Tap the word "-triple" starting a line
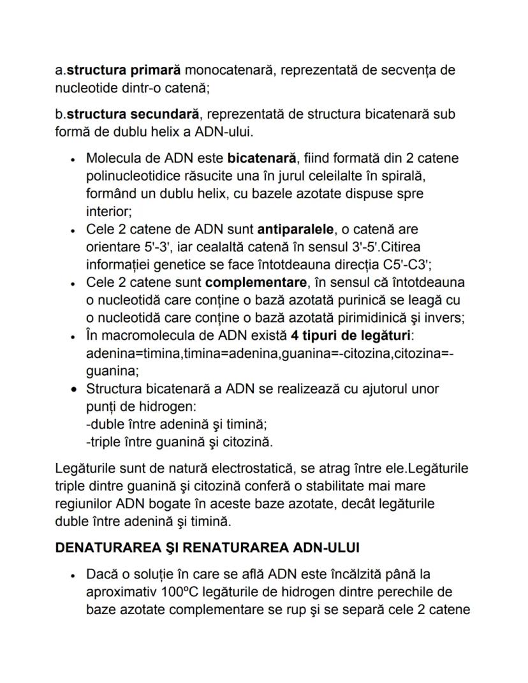click(104, 441)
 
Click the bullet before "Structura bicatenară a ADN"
click(75, 388)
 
